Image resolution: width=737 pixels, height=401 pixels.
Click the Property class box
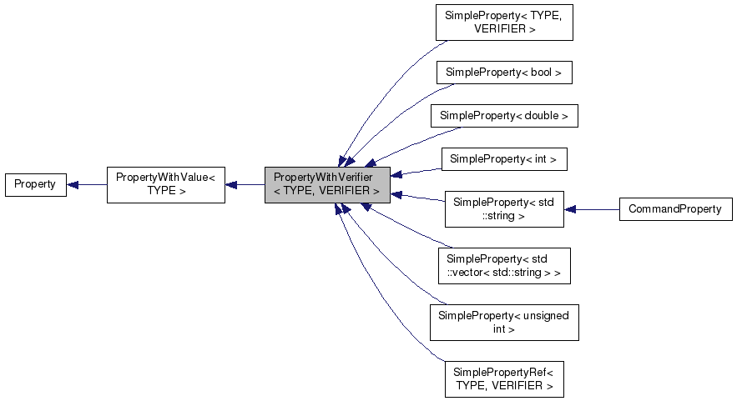[x=35, y=184]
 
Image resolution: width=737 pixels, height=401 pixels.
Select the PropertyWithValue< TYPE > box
[x=165, y=184]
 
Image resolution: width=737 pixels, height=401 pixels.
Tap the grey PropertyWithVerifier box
[x=327, y=184]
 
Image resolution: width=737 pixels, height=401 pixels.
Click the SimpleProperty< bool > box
[x=503, y=73]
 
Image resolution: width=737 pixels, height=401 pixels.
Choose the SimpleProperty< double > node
[x=503, y=116]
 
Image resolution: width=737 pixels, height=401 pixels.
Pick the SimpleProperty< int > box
[x=503, y=158]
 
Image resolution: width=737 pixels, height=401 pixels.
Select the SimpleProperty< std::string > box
[x=503, y=208]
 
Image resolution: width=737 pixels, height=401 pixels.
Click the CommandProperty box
[x=675, y=209]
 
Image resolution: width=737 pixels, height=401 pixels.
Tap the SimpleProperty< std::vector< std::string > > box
[x=503, y=266]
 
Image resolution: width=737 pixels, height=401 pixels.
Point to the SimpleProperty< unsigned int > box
[x=503, y=322]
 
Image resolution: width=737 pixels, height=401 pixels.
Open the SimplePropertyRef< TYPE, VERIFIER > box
[x=503, y=378]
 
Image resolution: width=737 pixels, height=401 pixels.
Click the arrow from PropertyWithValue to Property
[x=87, y=184]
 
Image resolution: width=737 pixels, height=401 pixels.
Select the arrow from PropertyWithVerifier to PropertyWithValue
[x=245, y=184]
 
